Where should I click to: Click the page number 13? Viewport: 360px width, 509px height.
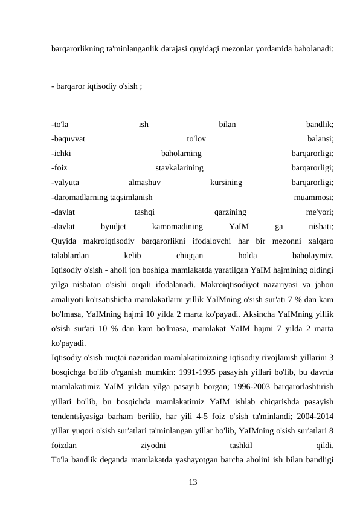193,482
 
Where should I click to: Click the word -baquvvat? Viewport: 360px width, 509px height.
68,139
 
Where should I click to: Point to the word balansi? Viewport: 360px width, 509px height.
321,139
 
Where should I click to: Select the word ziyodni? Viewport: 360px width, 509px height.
154,444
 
